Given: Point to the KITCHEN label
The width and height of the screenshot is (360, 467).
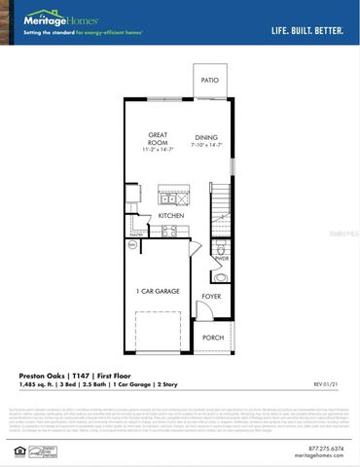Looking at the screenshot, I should click(171, 216).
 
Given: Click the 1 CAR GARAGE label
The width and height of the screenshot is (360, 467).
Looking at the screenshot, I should click(157, 290).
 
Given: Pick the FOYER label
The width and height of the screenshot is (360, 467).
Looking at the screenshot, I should click(211, 295).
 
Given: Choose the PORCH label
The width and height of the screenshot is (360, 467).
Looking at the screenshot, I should click(212, 338).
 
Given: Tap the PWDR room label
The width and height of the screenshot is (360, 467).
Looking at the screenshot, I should click(222, 259).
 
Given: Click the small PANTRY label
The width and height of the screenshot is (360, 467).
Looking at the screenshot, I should click(135, 234).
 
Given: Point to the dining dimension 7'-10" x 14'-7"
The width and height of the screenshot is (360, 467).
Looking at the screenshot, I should click(206, 145).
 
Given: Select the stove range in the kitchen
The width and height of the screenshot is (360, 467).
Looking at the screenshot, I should click(167, 232).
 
